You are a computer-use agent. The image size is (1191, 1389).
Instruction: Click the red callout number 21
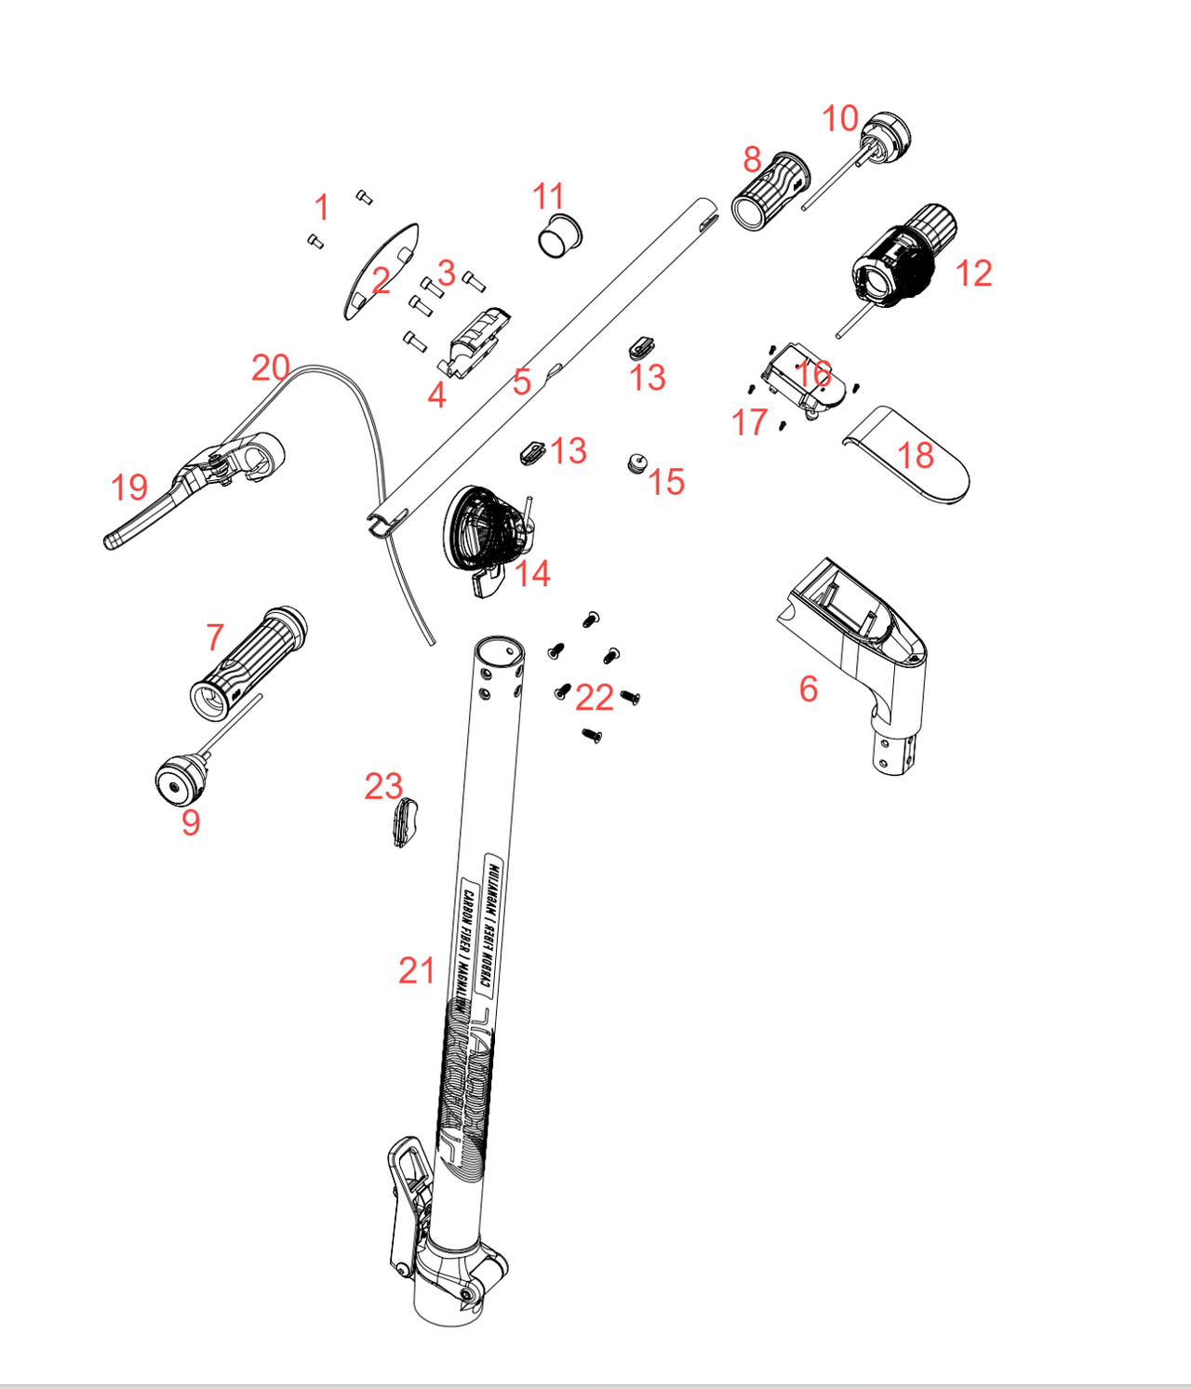tap(416, 970)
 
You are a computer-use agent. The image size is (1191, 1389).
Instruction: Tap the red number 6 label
tap(809, 688)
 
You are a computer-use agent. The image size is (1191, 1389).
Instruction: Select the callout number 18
tap(916, 455)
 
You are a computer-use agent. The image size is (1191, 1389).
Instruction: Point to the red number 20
tap(271, 367)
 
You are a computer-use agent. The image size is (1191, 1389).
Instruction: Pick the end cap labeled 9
tap(179, 780)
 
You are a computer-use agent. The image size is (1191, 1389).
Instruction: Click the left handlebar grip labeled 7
tap(247, 662)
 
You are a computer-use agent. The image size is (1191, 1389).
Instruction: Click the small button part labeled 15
tap(636, 462)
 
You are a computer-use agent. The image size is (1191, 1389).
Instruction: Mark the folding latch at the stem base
tap(408, 1200)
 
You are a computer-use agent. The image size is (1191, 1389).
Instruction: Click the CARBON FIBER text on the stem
tap(464, 940)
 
